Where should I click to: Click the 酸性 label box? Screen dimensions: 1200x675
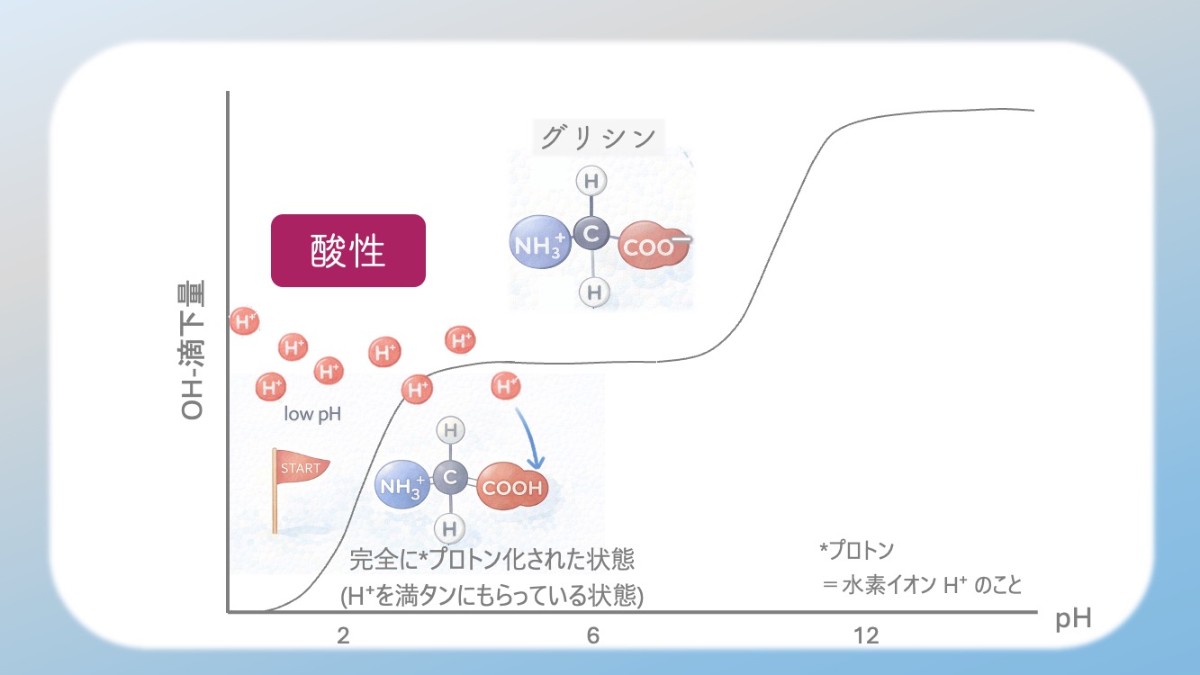click(x=348, y=251)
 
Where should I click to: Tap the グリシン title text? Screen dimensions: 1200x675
click(x=598, y=138)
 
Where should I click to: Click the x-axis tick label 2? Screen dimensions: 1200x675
click(x=343, y=636)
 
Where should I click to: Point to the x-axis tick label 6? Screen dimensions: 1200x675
click(x=593, y=636)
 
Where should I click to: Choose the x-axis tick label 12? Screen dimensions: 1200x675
click(x=866, y=636)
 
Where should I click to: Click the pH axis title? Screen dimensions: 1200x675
click(x=1073, y=619)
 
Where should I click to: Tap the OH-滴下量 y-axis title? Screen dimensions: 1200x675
click(x=192, y=349)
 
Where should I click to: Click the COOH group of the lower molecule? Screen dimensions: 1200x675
click(x=511, y=486)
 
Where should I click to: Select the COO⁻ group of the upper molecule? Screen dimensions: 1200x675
click(x=654, y=246)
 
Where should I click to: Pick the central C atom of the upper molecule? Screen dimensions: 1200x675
click(x=591, y=234)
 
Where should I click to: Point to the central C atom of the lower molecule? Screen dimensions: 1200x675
click(x=450, y=477)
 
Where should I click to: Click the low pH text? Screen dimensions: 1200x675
click(x=312, y=414)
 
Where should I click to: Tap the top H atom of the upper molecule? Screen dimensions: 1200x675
click(x=591, y=181)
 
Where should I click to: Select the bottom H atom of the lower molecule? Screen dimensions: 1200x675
click(x=450, y=529)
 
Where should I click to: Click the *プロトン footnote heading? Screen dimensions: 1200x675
click(x=857, y=550)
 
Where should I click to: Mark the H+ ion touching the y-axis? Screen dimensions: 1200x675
click(x=244, y=321)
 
